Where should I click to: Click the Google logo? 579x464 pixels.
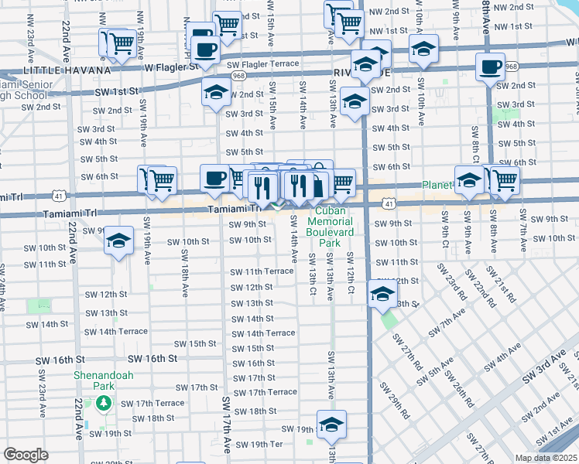tap(26, 454)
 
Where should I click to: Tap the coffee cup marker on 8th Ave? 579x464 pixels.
tap(490, 67)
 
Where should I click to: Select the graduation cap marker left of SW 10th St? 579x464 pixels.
tap(118, 241)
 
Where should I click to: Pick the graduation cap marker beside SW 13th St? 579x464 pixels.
tap(382, 294)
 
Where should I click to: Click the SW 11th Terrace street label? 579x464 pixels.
tap(263, 271)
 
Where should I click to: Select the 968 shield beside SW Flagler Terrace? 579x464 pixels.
tap(238, 76)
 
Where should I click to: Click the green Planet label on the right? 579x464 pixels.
tap(437, 186)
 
